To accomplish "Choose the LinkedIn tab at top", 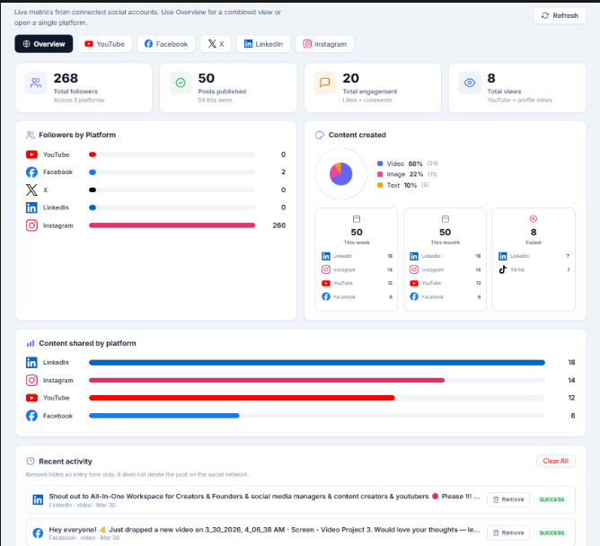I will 263,44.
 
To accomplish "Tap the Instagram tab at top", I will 324,44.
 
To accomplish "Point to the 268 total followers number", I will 66,78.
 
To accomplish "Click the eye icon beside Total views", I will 469,84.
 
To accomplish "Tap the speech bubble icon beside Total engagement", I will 324,84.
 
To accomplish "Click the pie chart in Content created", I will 340,173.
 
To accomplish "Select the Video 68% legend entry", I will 400,163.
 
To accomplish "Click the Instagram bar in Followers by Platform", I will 172,225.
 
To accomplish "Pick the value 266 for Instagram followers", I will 278,225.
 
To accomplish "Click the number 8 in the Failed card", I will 534,232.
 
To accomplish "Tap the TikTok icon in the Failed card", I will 503,269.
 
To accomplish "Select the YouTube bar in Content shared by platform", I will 242,398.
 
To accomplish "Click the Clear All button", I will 555,461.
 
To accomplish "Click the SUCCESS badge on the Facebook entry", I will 551,533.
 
